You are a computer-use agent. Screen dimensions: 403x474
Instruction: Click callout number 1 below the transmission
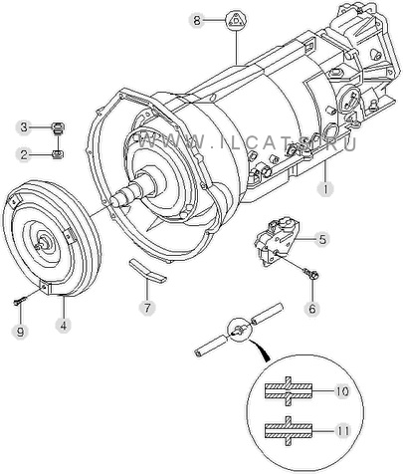click(324, 189)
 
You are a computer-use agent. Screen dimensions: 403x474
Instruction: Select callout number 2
click(24, 154)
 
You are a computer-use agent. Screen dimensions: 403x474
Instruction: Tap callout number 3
click(24, 127)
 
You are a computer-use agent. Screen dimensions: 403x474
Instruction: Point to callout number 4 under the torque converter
click(64, 326)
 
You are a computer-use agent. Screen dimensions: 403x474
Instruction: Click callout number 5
click(322, 239)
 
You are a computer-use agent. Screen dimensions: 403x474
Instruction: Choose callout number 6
click(312, 309)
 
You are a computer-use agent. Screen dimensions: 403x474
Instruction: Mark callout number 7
click(147, 308)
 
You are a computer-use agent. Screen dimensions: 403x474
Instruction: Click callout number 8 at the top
click(197, 21)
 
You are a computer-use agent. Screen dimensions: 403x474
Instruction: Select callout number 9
click(20, 331)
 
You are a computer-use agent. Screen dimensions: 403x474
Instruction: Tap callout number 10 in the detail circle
click(341, 391)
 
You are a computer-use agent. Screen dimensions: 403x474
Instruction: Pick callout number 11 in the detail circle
click(341, 431)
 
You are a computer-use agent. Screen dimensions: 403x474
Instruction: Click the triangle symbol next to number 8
click(236, 20)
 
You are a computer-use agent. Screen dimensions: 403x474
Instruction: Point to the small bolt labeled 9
click(19, 302)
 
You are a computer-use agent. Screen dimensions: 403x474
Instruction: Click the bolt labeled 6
click(311, 274)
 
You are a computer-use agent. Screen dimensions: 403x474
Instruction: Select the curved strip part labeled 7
click(147, 271)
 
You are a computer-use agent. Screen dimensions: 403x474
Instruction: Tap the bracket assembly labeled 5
click(278, 241)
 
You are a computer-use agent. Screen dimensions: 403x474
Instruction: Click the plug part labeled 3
click(59, 128)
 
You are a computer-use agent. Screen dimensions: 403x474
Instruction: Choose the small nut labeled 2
click(59, 154)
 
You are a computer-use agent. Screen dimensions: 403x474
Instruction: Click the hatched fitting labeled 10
click(289, 391)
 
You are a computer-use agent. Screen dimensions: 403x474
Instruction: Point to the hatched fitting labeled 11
click(289, 430)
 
